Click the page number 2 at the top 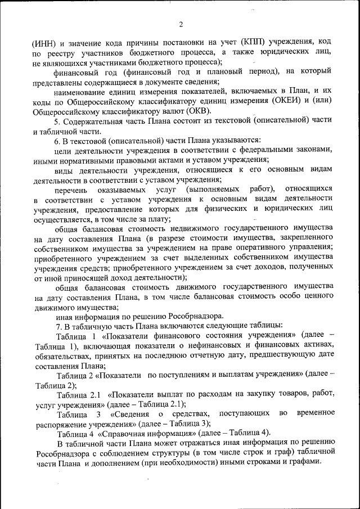coord(181,24)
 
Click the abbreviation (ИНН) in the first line coord(46,42)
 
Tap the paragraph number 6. coord(57,139)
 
